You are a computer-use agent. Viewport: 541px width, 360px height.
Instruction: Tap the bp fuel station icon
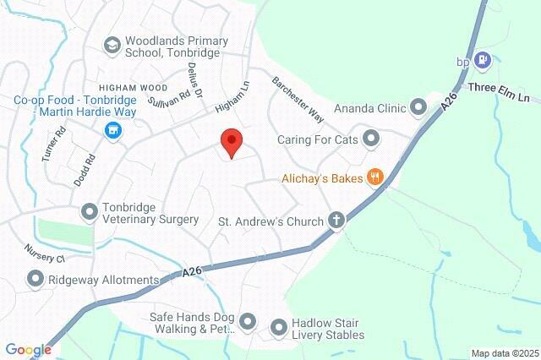coord(482,60)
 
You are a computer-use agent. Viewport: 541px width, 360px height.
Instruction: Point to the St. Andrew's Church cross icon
coord(336,221)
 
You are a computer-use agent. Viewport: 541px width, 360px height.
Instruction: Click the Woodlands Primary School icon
coord(112,45)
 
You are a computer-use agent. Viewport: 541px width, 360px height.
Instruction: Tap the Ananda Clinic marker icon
coord(418,107)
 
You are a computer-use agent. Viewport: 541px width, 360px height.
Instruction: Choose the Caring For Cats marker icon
coord(370,138)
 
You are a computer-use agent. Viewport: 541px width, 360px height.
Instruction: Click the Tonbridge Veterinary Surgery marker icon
coord(89,210)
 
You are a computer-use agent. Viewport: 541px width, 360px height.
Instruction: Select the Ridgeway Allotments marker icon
coord(36,278)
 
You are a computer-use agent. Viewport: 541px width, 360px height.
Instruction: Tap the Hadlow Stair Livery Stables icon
coord(278,327)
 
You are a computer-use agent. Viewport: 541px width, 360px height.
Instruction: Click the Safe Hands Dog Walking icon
coord(248,320)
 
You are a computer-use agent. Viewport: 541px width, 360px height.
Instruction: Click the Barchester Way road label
coord(298,98)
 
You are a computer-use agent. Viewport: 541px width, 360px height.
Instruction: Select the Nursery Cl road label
coord(44,254)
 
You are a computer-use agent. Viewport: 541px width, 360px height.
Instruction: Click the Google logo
coord(28,349)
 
